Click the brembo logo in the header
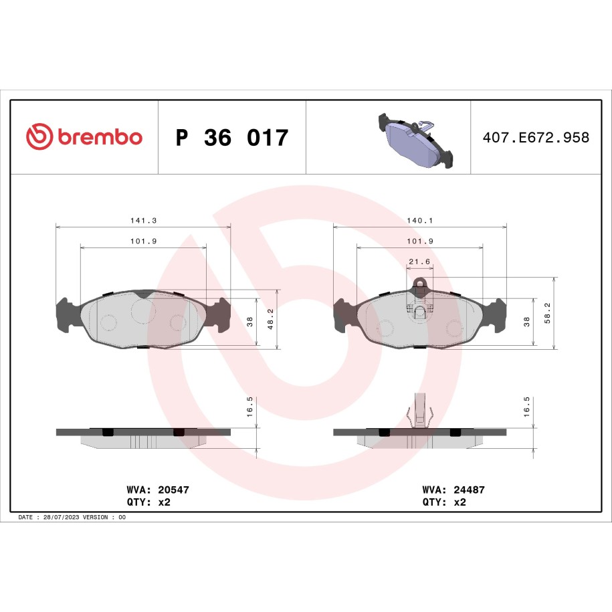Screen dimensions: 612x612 84,136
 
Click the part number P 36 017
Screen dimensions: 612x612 232,137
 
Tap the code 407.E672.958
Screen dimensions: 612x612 536,137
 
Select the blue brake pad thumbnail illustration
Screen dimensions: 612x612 415,140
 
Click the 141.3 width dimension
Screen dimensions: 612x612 143,221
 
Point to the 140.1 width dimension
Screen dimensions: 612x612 419,221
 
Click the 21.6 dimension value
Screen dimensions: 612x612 419,262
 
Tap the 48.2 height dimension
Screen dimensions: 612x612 270,319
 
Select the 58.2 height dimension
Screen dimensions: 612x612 547,313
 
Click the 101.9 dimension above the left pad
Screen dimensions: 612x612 143,241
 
